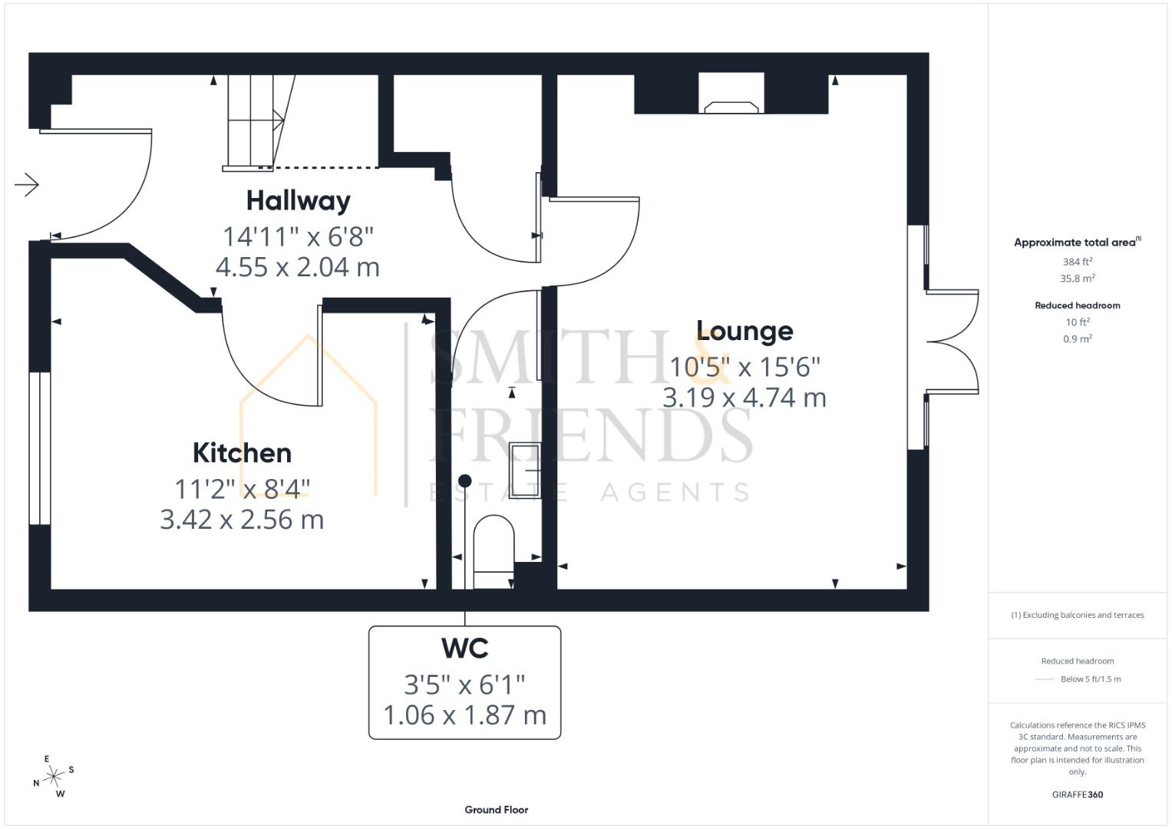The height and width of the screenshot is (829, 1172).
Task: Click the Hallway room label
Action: (299, 201)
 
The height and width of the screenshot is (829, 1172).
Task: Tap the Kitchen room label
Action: (242, 453)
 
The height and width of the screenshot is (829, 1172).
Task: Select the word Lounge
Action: (744, 332)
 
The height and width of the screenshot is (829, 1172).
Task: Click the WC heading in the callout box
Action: (464, 649)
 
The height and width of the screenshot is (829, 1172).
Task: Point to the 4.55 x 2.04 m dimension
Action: (298, 267)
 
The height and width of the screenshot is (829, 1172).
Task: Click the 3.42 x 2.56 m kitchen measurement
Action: (242, 520)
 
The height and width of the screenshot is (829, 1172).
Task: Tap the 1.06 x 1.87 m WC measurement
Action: (464, 715)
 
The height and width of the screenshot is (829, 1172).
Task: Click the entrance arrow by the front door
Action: (27, 184)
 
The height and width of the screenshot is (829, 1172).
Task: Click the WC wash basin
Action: (525, 470)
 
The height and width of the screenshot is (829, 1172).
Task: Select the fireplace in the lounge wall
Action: (731, 94)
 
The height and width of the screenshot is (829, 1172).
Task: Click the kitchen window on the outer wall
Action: (40, 448)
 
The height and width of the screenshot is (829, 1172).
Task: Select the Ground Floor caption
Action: (496, 810)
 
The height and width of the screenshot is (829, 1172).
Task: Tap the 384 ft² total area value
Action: (1078, 262)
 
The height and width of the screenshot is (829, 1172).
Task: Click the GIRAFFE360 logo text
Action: (1078, 794)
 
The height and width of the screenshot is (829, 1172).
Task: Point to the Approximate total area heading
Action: (1078, 242)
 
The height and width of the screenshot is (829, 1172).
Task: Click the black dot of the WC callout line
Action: (464, 481)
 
